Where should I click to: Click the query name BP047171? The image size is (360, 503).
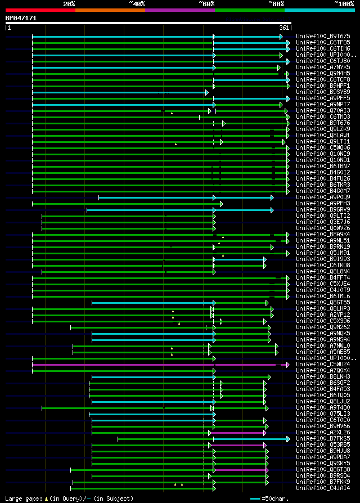[x=21, y=18]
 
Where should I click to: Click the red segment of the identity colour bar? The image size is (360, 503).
[x=40, y=10]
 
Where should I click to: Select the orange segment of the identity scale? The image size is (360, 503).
[x=110, y=10]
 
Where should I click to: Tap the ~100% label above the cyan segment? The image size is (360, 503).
[x=344, y=4]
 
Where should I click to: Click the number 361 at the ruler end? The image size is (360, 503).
[x=284, y=28]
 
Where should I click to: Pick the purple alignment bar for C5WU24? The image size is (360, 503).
[x=157, y=365]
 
